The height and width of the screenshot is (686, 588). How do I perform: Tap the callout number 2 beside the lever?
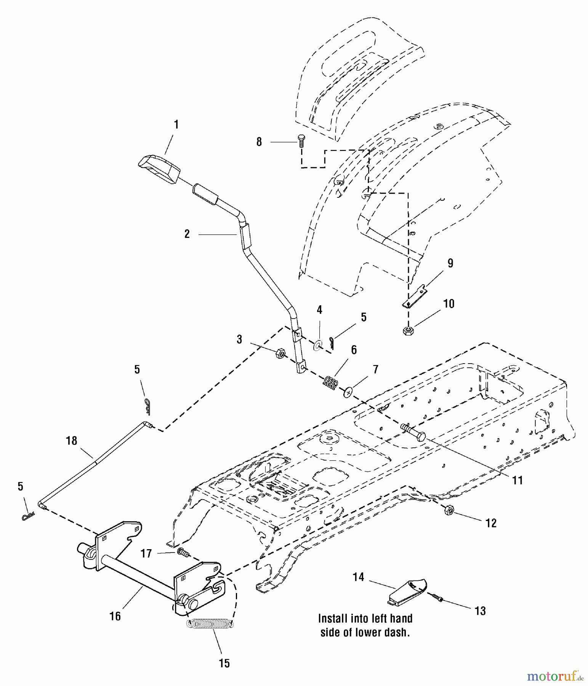(187, 234)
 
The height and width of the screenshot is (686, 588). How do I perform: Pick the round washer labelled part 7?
(348, 392)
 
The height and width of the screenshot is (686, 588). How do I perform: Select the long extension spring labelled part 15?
(210, 624)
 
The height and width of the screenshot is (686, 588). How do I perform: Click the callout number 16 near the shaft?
(115, 616)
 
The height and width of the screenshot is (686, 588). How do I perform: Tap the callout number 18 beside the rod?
(71, 441)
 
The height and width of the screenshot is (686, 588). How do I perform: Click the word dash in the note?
(397, 633)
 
